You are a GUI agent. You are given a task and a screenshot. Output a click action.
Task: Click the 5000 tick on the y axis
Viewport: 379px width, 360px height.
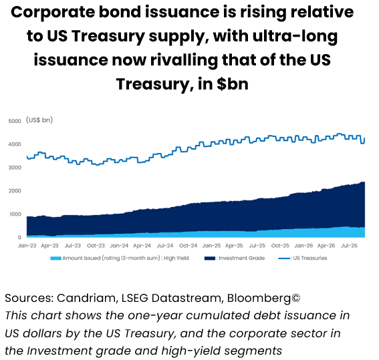pyautogui.click(x=15, y=121)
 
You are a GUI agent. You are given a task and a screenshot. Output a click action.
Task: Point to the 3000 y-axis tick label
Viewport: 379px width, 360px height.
pyautogui.click(x=15, y=168)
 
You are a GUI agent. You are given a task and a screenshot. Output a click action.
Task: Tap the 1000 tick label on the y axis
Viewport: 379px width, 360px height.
pyautogui.click(x=15, y=214)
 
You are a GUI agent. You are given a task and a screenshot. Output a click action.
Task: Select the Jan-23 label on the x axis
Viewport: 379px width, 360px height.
pyautogui.click(x=27, y=246)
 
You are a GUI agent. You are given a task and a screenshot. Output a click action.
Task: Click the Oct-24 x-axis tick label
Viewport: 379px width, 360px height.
pyautogui.click(x=188, y=246)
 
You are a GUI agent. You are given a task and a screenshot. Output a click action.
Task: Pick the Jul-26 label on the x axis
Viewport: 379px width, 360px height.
pyautogui.click(x=350, y=246)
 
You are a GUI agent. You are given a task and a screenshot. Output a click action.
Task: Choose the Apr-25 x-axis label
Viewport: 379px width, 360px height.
pyautogui.click(x=234, y=246)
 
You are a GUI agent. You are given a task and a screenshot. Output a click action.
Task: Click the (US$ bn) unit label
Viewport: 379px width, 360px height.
pyautogui.click(x=39, y=120)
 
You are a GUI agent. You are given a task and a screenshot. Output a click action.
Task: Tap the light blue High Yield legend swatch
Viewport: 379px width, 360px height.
pyautogui.click(x=55, y=258)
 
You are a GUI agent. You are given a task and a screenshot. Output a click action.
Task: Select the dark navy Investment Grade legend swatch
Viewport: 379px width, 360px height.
pyautogui.click(x=210, y=258)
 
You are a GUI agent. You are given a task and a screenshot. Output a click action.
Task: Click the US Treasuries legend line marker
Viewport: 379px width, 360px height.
pyautogui.click(x=284, y=258)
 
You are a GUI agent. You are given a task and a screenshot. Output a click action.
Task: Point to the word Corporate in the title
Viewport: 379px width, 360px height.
pyautogui.click(x=53, y=13)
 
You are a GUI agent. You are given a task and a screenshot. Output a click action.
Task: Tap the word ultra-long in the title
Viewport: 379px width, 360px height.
pyautogui.click(x=295, y=37)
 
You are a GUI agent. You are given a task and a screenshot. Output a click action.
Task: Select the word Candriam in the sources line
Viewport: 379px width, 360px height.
pyautogui.click(x=88, y=298)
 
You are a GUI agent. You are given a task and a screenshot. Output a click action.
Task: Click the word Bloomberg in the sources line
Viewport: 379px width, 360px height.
pyautogui.click(x=259, y=299)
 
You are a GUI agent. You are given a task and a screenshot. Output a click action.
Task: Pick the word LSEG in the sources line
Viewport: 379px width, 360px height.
pyautogui.click(x=134, y=298)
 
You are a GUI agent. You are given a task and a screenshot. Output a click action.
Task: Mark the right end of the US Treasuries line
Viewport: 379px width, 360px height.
pyautogui.click(x=364, y=138)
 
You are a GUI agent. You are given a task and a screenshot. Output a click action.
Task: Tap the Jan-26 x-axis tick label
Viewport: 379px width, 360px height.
pyautogui.click(x=303, y=246)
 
